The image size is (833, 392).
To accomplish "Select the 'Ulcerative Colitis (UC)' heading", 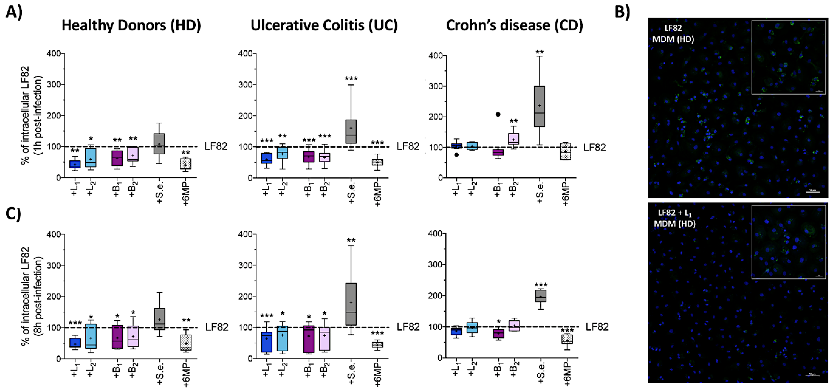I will pyautogui.click(x=324, y=25).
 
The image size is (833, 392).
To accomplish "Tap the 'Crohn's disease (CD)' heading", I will pyautogui.click(x=514, y=25).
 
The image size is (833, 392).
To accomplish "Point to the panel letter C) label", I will pyautogui.click(x=14, y=214).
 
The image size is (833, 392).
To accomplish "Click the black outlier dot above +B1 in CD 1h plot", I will pyautogui.click(x=498, y=114).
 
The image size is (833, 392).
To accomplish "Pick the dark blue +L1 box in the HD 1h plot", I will pyautogui.click(x=75, y=164).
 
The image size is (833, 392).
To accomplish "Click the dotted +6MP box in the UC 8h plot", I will pyautogui.click(x=377, y=345).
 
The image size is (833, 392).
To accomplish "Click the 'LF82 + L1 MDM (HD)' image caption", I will pyautogui.click(x=674, y=218).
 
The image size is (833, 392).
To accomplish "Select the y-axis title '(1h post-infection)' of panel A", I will pyautogui.click(x=38, y=115).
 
